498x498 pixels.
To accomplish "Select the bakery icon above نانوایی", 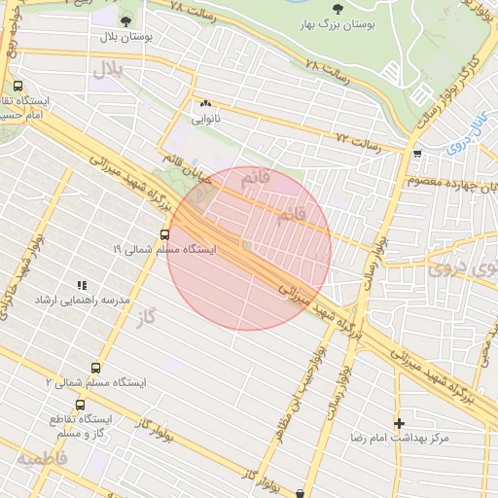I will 205,104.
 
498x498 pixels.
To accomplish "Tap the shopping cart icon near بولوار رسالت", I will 417,154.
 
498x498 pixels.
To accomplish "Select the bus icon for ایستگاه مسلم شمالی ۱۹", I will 163,234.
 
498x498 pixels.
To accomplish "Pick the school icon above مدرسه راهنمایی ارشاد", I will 82,285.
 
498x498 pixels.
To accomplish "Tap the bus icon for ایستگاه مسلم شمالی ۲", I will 95,368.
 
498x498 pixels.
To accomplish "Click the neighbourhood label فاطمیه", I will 42,456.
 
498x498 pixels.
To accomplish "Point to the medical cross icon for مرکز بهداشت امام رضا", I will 399,423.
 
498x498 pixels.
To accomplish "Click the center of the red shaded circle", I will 250,248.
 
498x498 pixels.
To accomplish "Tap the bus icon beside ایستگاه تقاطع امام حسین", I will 18,86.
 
